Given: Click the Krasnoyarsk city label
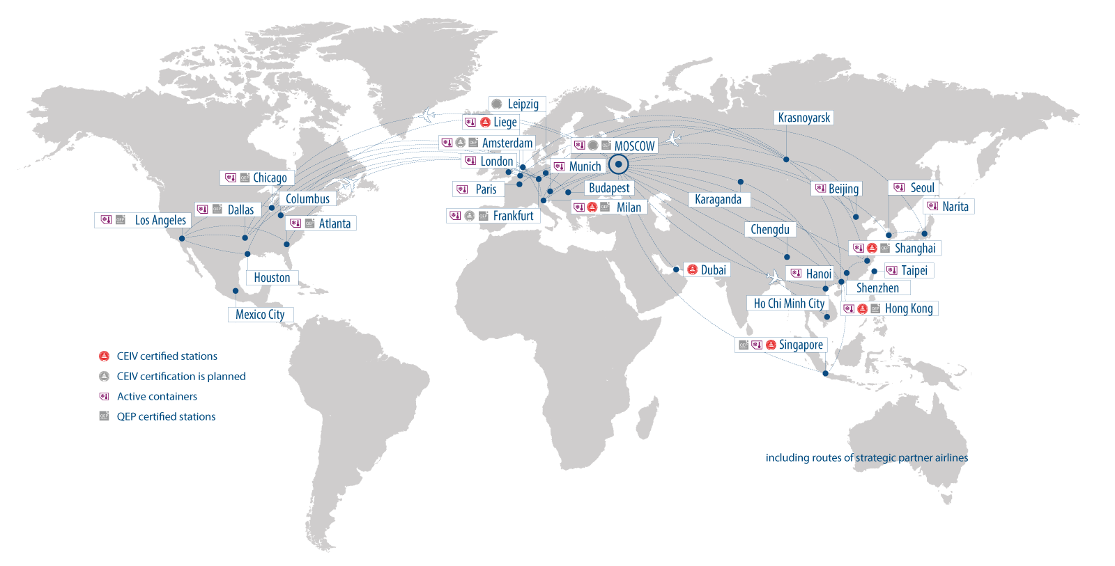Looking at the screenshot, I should tap(803, 118).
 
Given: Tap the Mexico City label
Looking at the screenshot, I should tap(260, 315).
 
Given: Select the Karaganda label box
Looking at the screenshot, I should tap(718, 200).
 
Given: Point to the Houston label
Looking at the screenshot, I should tap(272, 278).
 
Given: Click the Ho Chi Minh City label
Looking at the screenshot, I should tap(789, 304).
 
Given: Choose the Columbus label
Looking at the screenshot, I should tap(307, 199).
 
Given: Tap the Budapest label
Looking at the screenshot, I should tap(608, 188).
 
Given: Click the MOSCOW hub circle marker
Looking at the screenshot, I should tap(618, 165).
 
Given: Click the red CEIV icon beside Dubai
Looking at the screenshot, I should tap(692, 270).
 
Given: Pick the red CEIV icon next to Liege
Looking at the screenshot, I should tap(485, 123).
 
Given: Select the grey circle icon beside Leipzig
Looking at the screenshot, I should tap(497, 104).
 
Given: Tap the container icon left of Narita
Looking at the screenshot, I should tap(932, 206).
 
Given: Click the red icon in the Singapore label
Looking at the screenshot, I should tap(771, 345).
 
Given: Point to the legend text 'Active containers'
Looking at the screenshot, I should tap(157, 396).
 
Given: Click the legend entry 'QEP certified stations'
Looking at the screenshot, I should tap(166, 416).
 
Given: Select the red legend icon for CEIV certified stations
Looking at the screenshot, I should tap(104, 356).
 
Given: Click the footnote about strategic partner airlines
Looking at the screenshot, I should tap(867, 457).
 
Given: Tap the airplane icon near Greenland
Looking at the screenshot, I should tap(428, 115).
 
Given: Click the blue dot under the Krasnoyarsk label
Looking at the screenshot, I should tap(786, 159).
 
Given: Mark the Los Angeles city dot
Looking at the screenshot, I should tap(182, 239).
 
